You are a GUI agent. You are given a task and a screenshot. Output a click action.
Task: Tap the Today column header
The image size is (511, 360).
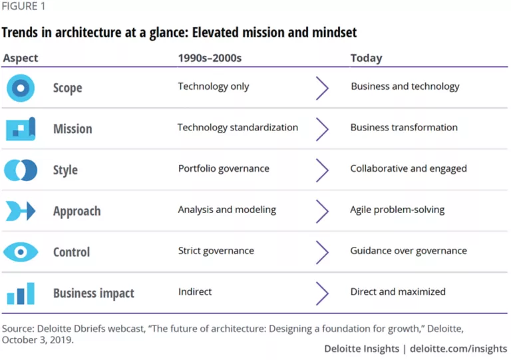tap(366, 59)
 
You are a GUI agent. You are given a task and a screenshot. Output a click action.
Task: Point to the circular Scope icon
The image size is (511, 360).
tap(21, 88)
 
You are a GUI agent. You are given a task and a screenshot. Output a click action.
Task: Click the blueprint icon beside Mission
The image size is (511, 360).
tap(21, 128)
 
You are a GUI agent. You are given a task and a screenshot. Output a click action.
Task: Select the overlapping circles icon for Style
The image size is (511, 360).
tap(21, 170)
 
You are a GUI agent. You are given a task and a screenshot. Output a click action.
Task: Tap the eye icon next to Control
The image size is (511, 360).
tap(21, 252)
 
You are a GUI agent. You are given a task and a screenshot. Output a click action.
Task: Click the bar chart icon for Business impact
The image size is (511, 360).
tap(21, 293)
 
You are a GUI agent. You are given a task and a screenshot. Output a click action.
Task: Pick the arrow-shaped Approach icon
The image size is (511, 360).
tap(21, 211)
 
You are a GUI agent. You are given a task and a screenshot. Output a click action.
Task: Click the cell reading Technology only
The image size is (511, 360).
tap(214, 87)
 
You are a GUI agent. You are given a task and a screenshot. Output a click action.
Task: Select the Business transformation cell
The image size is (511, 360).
tap(404, 128)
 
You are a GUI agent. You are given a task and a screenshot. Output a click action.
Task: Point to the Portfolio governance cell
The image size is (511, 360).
tap(224, 169)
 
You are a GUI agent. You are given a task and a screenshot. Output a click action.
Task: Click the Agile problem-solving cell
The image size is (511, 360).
tap(397, 210)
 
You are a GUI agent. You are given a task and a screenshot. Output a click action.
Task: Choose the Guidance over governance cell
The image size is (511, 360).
tap(409, 251)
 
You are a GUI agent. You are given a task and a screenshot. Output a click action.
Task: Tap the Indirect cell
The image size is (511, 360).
tap(195, 291)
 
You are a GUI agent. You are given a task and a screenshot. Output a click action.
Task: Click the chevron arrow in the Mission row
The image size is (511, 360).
tap(322, 129)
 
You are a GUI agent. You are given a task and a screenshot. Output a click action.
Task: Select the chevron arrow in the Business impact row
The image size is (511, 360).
tap(322, 293)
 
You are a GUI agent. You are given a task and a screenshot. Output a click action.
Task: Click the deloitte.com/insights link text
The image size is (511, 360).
tap(458, 349)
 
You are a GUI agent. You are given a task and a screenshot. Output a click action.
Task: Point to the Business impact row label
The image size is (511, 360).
tap(94, 293)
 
